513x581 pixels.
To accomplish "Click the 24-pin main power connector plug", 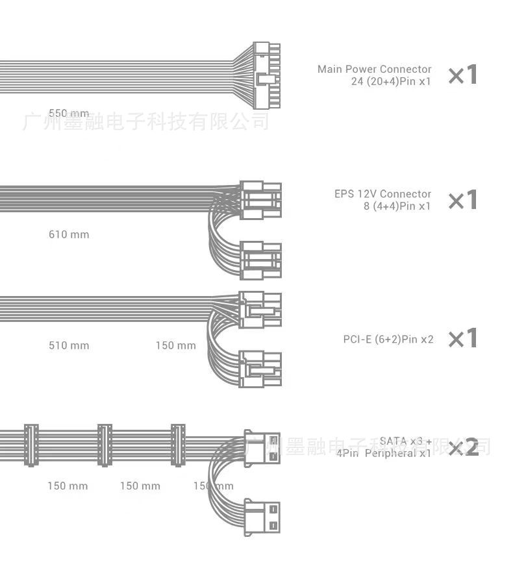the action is (x=266, y=76).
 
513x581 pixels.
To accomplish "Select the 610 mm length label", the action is (x=69, y=234).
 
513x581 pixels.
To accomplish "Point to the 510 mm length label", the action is (x=69, y=345).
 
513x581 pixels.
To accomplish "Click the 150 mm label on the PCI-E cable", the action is (x=175, y=345).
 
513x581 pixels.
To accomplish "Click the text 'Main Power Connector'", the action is (x=375, y=69).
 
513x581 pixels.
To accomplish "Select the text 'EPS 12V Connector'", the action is (x=382, y=194).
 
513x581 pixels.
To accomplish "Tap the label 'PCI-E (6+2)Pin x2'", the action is (x=388, y=339).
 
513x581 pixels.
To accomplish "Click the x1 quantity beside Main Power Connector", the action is (x=463, y=75).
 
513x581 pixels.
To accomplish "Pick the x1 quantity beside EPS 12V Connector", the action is (x=463, y=200).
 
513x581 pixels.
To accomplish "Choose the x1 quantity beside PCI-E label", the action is (x=463, y=338).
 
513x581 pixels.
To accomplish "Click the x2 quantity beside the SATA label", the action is (x=463, y=447).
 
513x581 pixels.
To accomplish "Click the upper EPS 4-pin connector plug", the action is (x=260, y=199).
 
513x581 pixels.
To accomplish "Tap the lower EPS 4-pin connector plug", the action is (x=260, y=260).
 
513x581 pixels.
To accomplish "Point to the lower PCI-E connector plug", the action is (x=260, y=369).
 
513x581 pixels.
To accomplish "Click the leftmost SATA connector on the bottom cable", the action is (x=31, y=445).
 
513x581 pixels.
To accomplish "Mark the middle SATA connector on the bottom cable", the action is (x=105, y=445).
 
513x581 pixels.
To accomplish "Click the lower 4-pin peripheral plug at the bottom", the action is (x=262, y=517).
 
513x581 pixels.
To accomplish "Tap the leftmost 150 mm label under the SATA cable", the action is (x=68, y=486).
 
